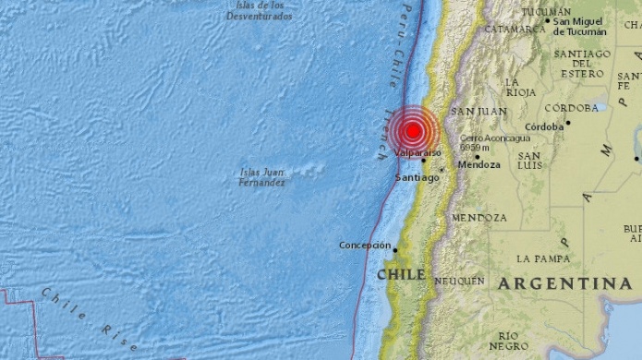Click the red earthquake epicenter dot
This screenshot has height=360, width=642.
pyautogui.click(x=412, y=131)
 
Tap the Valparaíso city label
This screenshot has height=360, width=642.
pyautogui.click(x=418, y=153)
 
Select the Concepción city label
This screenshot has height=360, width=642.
pyautogui.click(x=365, y=245)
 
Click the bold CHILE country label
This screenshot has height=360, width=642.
pyautogui.click(x=401, y=274)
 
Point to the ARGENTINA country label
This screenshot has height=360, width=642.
pyautogui.click(x=565, y=283)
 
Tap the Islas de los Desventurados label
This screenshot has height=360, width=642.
pyautogui.click(x=259, y=11)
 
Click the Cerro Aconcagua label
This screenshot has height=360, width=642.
pyautogui.click(x=481, y=141)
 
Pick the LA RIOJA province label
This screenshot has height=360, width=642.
pyautogui.click(x=520, y=88)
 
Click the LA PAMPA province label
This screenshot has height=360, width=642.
pyautogui.click(x=543, y=258)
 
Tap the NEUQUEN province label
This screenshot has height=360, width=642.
pyautogui.click(x=459, y=280)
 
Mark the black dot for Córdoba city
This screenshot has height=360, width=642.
pyautogui.click(x=568, y=123)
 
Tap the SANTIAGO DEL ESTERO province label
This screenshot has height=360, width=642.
pyautogui.click(x=582, y=63)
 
